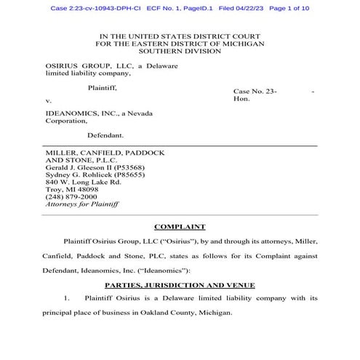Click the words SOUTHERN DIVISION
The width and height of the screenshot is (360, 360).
[180, 52]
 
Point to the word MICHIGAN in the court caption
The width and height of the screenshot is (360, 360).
[243, 44]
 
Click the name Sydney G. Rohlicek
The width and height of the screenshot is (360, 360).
[78, 175]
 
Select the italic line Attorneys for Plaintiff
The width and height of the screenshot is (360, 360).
[81, 205]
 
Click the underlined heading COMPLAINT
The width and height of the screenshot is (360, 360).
[180, 227]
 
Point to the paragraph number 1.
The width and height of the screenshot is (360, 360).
[66, 298]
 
